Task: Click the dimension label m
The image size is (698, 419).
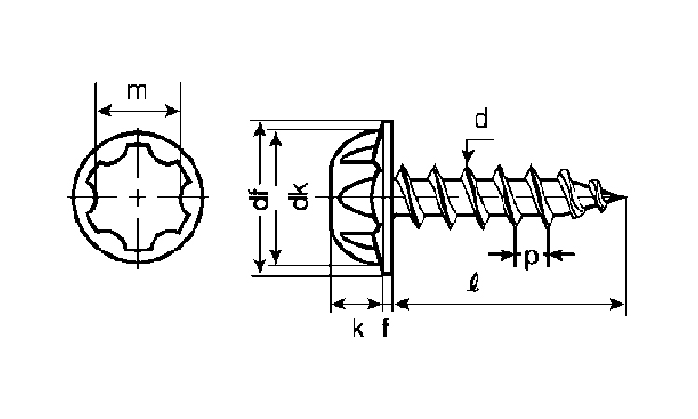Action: coord(137,91)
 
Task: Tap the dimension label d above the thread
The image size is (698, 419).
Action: coord(481,119)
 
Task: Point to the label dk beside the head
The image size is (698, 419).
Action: coord(300,196)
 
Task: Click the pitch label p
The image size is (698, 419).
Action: coord(531,258)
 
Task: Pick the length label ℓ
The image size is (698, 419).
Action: coord(474,282)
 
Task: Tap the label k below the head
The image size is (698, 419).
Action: coord(358,328)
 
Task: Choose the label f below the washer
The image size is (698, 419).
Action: coord(385,327)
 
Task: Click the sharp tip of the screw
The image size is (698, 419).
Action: coord(626,196)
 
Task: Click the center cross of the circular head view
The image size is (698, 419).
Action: coord(138,196)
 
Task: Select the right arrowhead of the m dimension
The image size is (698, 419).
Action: coord(171,110)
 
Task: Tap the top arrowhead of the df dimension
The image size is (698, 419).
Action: coord(260,129)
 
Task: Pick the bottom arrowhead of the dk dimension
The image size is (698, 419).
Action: coord(276,256)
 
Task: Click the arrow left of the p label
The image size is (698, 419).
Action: coord(501,254)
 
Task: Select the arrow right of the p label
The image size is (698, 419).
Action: coord(562,254)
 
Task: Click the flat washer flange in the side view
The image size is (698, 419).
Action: coord(387,197)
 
